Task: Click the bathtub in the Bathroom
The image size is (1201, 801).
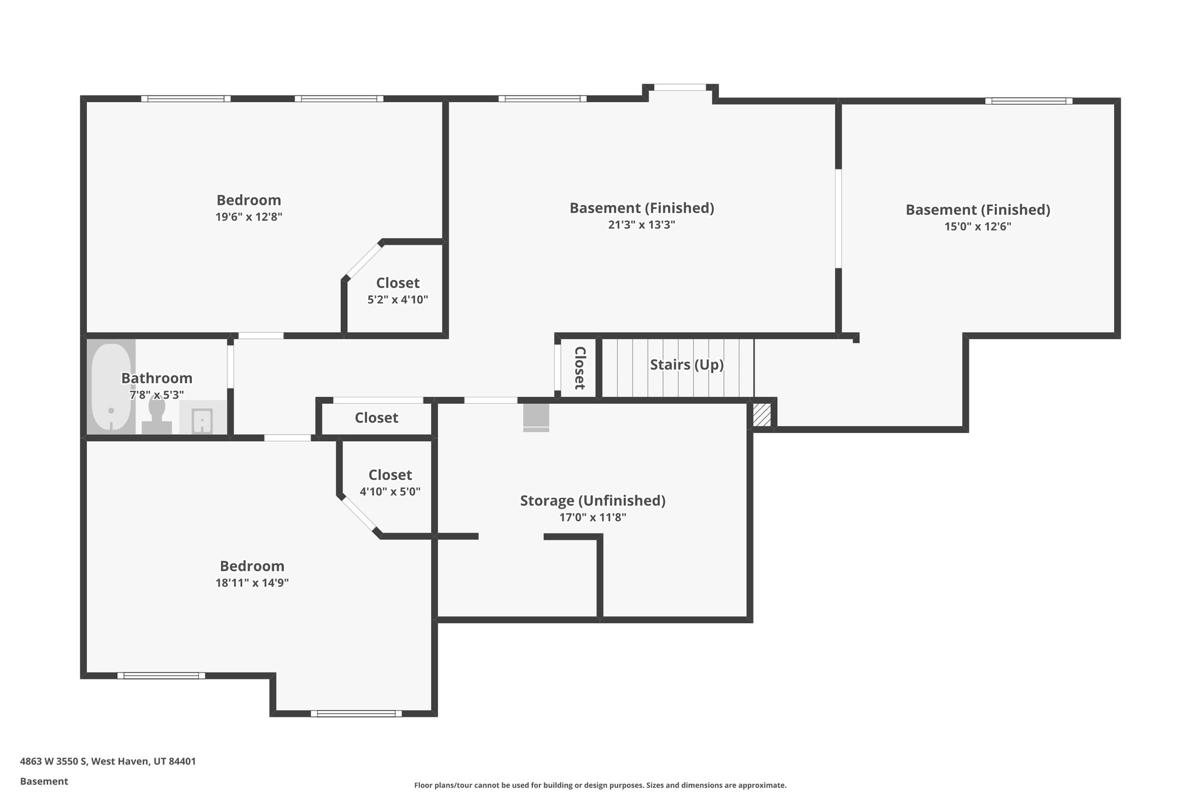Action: [111, 387]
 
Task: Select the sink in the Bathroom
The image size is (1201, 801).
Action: [202, 420]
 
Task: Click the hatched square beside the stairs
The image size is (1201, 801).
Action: [762, 414]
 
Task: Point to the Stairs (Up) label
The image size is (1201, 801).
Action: [686, 364]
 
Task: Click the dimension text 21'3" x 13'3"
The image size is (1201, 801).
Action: [642, 225]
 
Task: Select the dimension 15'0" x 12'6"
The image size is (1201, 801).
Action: [978, 227]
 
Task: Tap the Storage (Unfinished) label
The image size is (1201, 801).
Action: [592, 501]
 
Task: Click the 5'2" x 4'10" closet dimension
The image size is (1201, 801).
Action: [398, 300]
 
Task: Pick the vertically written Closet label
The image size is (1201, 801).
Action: [579, 368]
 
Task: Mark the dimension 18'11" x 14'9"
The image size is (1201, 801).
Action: [252, 583]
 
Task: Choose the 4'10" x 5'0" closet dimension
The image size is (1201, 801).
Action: [390, 492]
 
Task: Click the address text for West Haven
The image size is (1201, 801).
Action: [108, 762]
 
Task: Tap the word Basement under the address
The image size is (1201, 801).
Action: [44, 781]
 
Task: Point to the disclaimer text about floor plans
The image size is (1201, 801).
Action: [600, 785]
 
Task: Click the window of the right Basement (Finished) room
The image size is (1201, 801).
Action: [1028, 101]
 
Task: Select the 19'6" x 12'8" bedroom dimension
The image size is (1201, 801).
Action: [249, 217]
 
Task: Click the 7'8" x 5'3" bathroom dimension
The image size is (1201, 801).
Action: [157, 395]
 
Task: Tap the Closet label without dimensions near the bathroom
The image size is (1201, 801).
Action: [376, 418]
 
